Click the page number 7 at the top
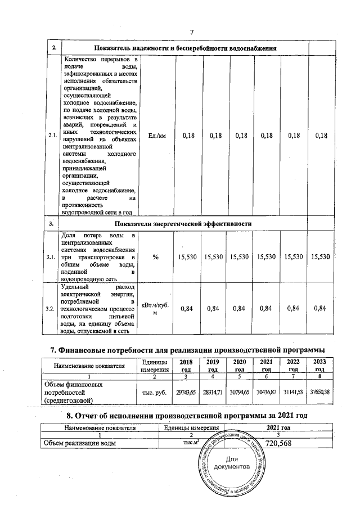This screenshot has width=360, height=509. pos(191,31)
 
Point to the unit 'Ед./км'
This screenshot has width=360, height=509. pos(156,136)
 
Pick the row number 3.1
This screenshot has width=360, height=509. pos(52,256)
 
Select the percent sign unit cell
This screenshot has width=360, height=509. pos(156,256)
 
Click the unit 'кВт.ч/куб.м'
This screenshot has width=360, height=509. pos(156,308)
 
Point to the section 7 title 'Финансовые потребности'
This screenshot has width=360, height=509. pos(188,351)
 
